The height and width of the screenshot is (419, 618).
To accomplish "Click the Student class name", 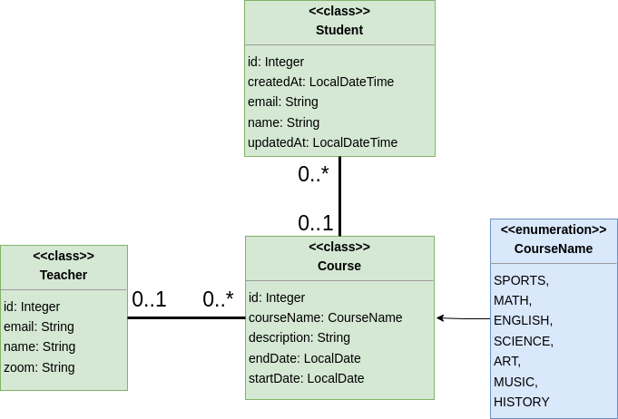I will click(339, 30).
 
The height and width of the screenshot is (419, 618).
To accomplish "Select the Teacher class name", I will click(64, 275).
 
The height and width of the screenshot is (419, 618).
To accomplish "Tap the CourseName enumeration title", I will click(554, 248).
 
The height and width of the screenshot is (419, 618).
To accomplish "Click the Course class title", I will click(339, 266).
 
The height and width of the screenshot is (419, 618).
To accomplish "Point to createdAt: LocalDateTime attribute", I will click(320, 82).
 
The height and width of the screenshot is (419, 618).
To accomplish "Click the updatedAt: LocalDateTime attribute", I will click(322, 142).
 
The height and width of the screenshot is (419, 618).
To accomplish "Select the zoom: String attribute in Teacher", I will click(39, 367).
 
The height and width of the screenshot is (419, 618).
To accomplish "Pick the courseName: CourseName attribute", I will click(325, 317).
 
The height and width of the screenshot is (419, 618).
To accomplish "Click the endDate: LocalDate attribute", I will click(304, 358).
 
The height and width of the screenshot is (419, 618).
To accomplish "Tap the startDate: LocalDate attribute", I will click(306, 378).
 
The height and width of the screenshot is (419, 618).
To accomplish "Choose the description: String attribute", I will click(299, 337).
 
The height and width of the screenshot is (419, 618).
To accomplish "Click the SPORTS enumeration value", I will click(521, 280).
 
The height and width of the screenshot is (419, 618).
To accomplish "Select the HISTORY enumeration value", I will click(522, 402).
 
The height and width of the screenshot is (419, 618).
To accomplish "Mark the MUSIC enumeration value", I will click(515, 382).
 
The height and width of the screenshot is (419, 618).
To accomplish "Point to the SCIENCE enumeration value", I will click(524, 341).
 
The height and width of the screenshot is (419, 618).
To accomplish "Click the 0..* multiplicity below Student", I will click(313, 174).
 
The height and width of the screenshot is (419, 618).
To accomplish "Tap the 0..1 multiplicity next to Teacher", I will click(149, 299).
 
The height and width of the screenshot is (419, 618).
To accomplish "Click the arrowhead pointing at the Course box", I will click(440, 318).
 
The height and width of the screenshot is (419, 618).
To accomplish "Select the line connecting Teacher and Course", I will click(186, 317).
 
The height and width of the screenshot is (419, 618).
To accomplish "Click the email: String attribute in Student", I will click(283, 102).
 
